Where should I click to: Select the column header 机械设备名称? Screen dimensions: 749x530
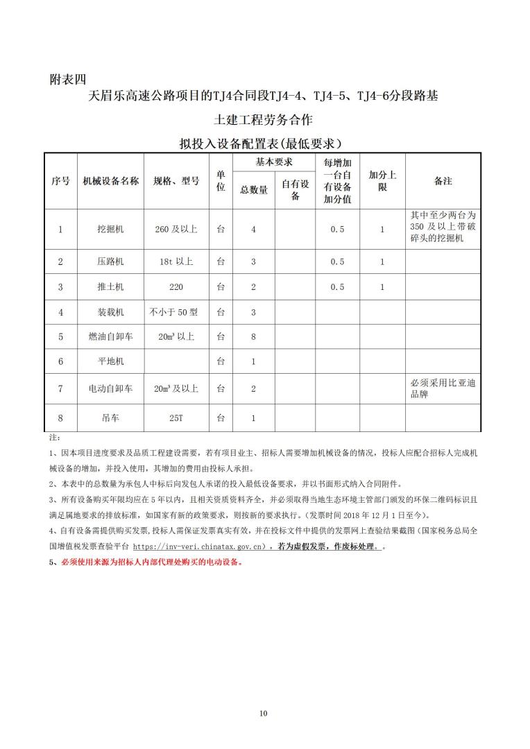[x=111, y=181]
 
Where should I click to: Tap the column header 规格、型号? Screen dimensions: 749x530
[x=176, y=181]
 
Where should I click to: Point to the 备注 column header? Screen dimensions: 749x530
[x=443, y=181]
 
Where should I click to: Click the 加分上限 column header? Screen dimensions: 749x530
[x=382, y=181]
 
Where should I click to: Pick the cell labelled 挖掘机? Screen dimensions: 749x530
[x=111, y=230]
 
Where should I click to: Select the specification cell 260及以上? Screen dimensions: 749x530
[x=176, y=230]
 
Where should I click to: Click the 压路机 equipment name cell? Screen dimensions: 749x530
[x=111, y=261]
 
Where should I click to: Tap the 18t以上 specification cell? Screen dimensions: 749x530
[x=176, y=261]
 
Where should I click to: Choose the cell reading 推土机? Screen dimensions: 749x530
[x=111, y=286]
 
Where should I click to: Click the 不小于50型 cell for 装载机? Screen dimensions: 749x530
[x=173, y=312]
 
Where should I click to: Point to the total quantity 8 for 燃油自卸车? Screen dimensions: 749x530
[x=253, y=336]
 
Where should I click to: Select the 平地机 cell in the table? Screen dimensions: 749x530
[x=111, y=361]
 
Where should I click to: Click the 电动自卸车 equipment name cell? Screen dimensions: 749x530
[x=111, y=388]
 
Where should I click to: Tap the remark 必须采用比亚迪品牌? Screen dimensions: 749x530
[x=443, y=388]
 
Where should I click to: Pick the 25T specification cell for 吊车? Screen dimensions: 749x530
[x=176, y=418]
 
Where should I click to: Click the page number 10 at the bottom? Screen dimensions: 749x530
[x=263, y=713]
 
